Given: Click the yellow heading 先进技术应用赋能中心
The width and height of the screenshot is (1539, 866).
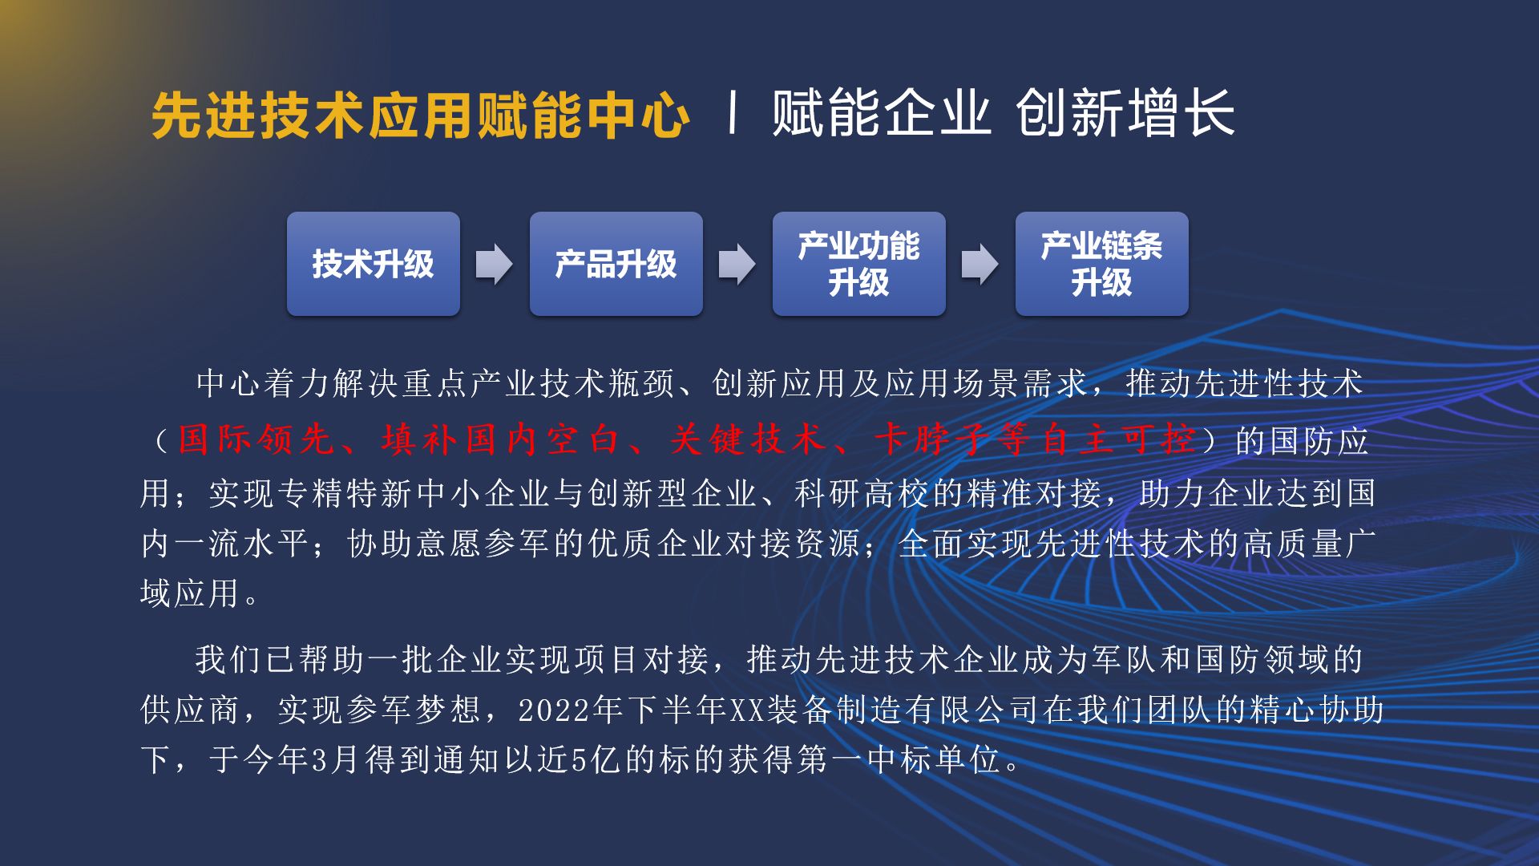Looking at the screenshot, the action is point(421,115).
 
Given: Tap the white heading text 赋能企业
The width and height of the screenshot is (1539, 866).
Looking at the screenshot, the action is point(881,113).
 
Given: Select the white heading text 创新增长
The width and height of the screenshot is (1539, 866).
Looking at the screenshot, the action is point(1125,113).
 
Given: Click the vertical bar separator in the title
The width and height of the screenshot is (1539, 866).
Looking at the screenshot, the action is point(732,113).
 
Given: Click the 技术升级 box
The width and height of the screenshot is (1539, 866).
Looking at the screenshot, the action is point(374,264).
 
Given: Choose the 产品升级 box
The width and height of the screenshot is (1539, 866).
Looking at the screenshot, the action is point(616,264).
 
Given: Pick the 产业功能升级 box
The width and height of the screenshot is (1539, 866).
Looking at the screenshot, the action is point(859,264).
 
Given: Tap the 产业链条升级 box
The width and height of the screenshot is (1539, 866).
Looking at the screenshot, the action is point(1102,264).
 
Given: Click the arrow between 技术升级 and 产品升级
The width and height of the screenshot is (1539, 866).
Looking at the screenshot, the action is point(495,264).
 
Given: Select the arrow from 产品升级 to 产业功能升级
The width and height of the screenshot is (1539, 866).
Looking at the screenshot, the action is point(737,264).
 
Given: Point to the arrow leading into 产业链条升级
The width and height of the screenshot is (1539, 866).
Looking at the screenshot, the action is point(980,264).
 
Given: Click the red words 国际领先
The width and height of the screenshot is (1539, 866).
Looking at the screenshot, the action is point(255,439).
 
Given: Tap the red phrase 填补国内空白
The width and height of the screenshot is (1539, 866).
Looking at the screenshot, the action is point(500,439).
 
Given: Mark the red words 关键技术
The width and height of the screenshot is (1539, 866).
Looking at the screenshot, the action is point(747,439).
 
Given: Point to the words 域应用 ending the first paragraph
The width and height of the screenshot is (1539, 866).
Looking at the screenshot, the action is point(190,593).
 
